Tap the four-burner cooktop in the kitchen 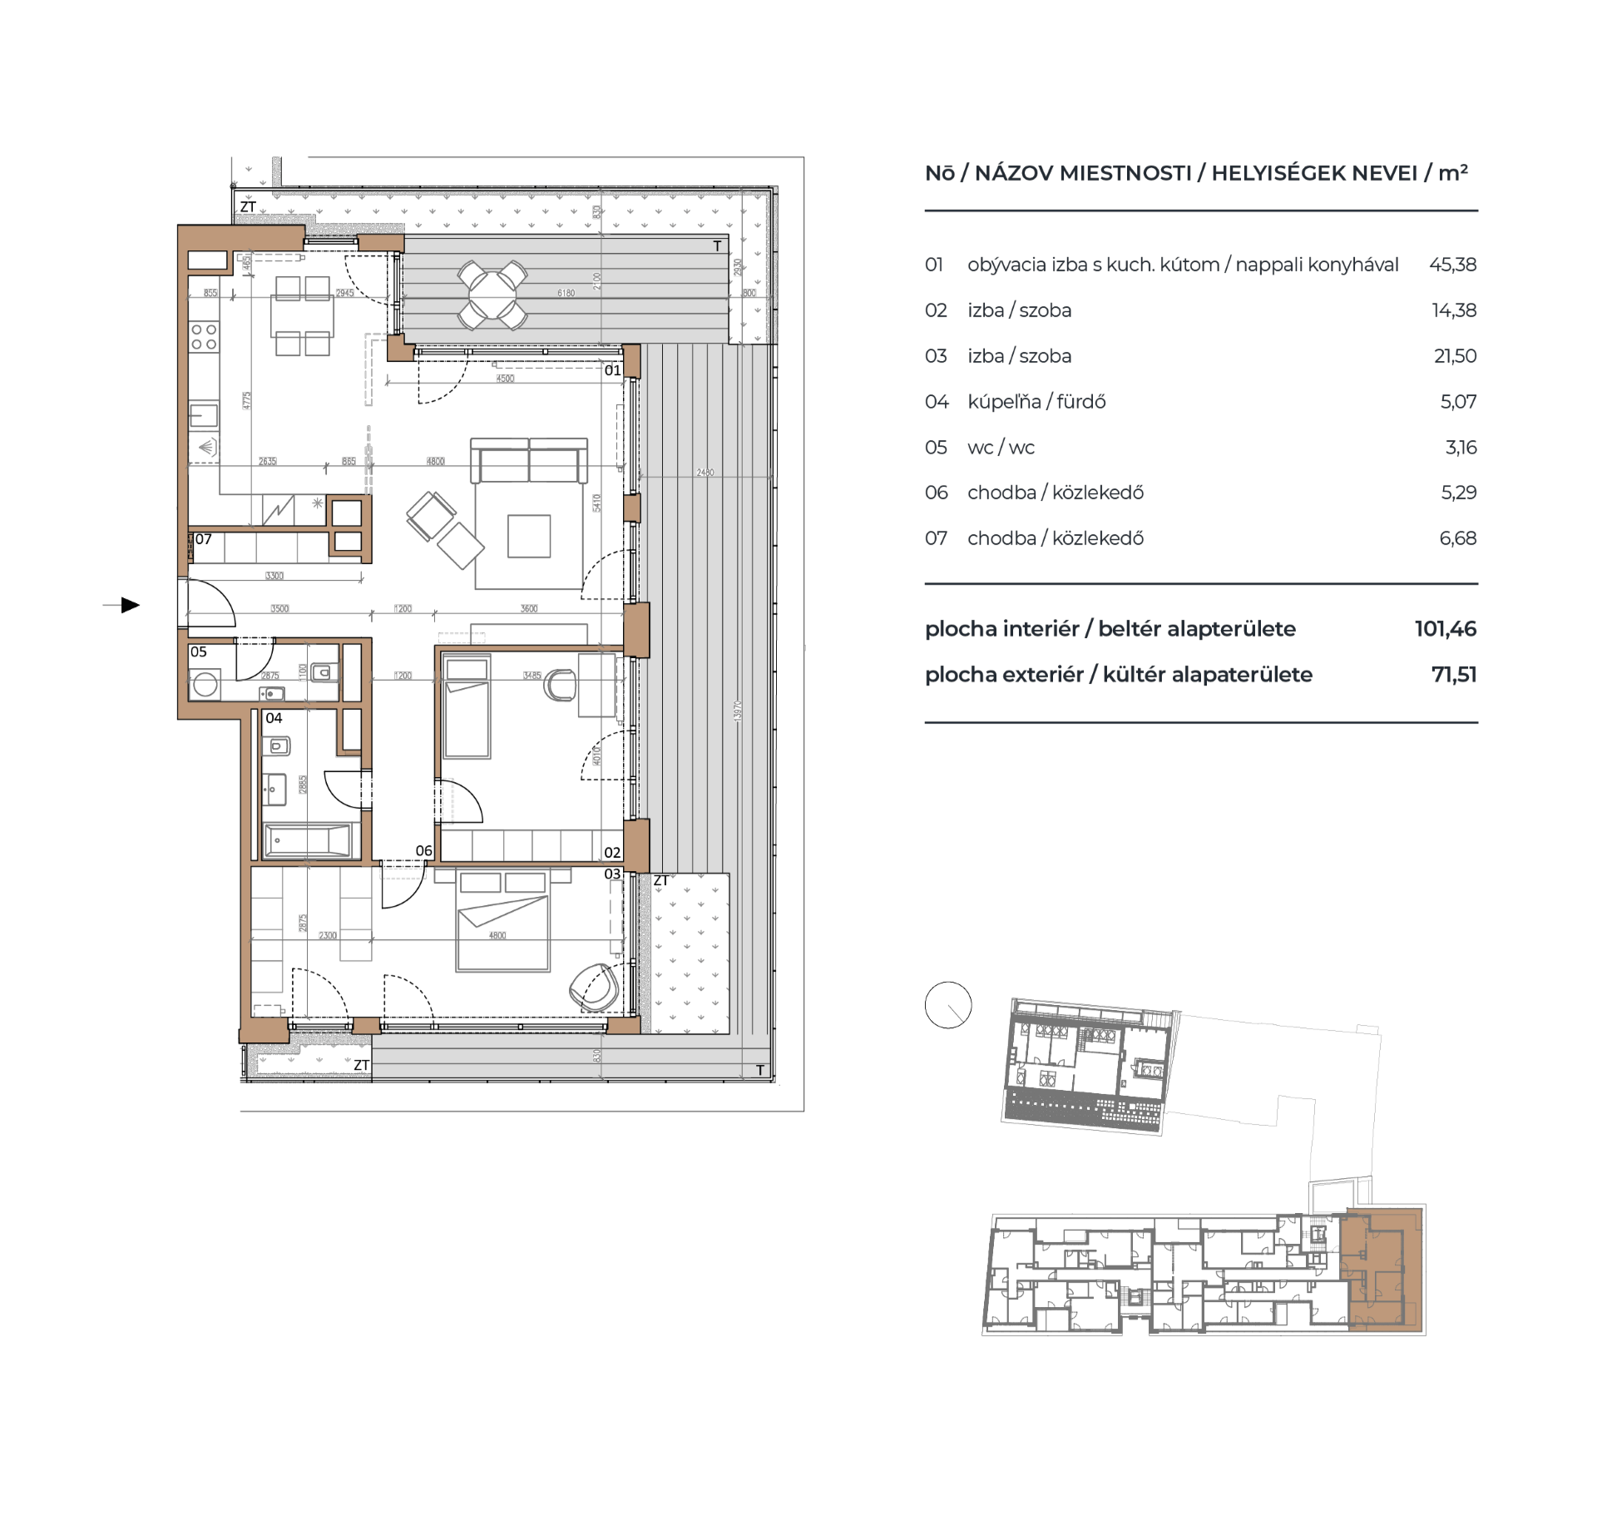coord(204,337)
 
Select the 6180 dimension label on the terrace coord(566,293)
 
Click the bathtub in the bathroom coord(307,840)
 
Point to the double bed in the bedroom coord(502,922)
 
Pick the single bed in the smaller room coord(467,706)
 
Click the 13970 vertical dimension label coord(738,711)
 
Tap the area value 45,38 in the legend coord(1452,265)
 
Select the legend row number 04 coord(936,402)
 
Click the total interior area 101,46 coord(1445,629)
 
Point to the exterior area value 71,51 coord(1453,675)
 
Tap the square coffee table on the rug coord(529,536)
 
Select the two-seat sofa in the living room coord(529,460)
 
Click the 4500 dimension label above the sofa coord(505,379)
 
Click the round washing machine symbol coord(205,686)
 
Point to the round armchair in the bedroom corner coord(594,988)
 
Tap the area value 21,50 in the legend coord(1455,356)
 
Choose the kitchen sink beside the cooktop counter coord(204,414)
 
